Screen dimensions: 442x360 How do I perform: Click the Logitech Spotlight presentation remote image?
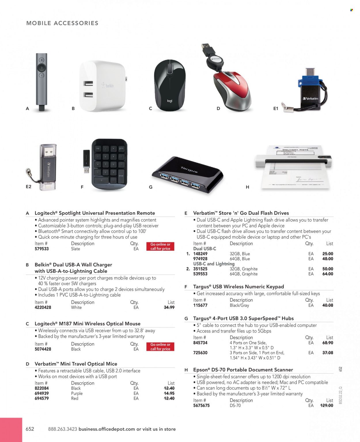41,82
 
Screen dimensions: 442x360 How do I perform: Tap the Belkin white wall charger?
102,86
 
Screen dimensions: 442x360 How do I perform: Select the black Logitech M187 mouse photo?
170,86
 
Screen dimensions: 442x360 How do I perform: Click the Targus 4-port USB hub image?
187,174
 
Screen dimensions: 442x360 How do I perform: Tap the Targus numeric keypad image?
109,164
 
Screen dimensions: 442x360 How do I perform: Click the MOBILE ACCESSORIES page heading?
62,23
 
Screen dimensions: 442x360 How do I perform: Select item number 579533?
42,249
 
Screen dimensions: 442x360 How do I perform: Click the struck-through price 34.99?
169,308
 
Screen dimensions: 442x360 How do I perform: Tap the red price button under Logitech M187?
160,346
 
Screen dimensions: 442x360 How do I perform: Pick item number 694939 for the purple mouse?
42,393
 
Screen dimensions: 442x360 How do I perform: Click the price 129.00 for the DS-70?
327,405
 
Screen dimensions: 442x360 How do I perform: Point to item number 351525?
200,269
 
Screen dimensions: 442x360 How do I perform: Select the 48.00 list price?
328,259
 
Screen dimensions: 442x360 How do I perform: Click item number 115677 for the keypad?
200,305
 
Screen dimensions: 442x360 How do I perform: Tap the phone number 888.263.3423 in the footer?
62,429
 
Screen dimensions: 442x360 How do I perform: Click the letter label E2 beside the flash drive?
29,187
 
